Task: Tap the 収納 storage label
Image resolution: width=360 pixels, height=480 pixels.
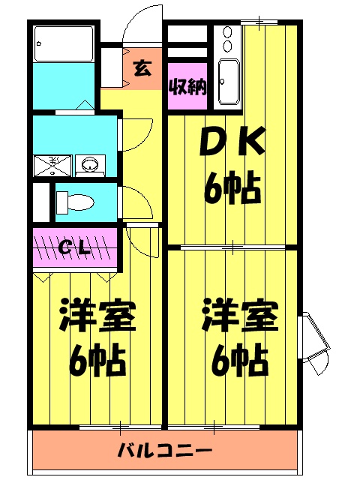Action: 187,88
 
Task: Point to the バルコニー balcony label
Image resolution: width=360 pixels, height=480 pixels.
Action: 165,451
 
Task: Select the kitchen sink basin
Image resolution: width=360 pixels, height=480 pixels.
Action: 227,82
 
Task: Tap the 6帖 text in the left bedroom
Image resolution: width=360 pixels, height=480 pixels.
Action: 97,363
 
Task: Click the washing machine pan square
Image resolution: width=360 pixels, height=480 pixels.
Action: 53,164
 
